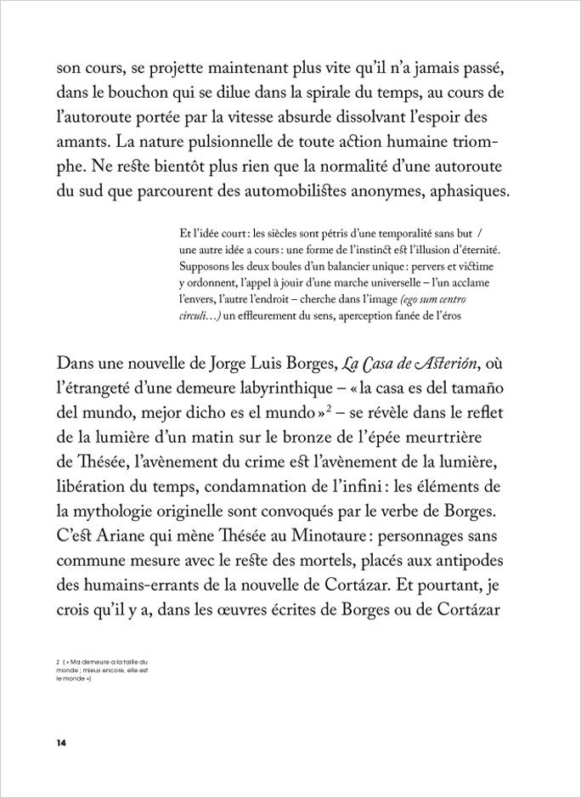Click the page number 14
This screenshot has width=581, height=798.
tap(61, 743)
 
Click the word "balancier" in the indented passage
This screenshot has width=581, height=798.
tap(330, 266)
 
